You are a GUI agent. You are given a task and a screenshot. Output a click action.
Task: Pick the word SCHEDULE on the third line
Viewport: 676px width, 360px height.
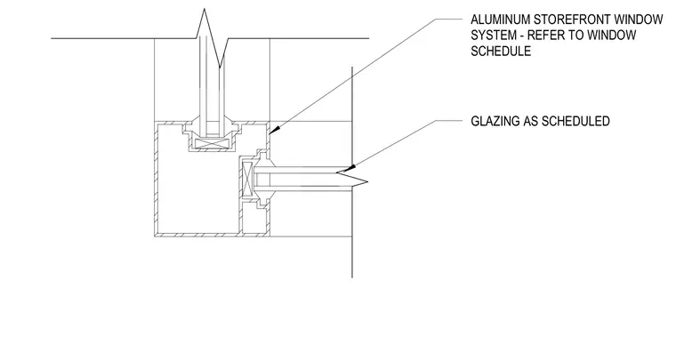501,51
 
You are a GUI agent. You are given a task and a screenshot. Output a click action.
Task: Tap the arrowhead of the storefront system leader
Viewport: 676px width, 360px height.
275,128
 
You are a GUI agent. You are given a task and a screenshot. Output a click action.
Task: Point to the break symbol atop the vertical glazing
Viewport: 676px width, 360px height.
212,38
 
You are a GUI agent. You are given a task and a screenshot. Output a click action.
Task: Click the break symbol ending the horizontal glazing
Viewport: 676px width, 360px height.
352,179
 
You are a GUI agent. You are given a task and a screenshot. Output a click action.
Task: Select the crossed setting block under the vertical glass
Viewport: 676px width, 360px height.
211,144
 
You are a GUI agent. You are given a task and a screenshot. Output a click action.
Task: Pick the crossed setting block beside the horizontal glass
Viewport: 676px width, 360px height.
247,180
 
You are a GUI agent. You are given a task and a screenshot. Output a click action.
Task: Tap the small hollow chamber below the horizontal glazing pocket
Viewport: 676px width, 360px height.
254,218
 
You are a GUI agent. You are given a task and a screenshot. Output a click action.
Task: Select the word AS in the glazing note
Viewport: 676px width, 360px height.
530,121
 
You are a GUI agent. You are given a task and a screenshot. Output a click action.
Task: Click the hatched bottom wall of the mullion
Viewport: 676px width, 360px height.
212,235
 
